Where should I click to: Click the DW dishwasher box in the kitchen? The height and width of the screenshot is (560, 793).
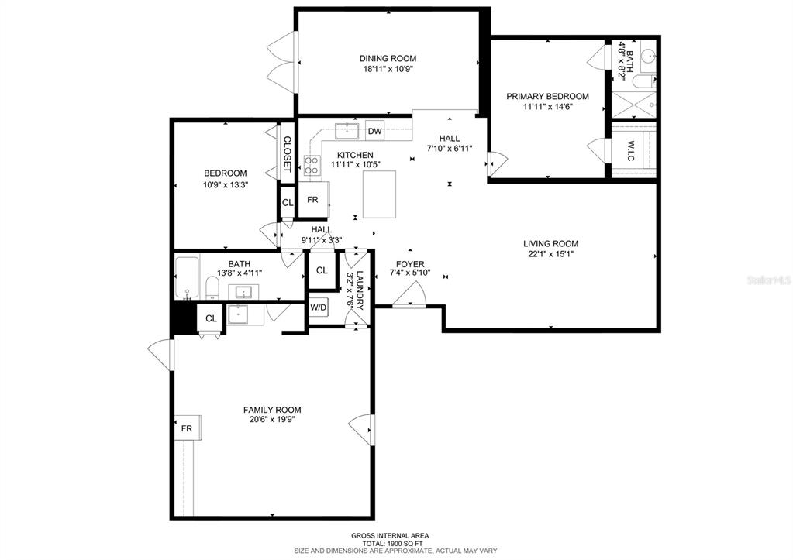click(374, 132)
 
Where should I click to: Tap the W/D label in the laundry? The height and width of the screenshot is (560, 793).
click(319, 307)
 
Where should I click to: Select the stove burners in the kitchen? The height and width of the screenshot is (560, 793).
click(312, 166)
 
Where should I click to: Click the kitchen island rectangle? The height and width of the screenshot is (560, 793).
click(379, 194)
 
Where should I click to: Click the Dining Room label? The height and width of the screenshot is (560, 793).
click(388, 59)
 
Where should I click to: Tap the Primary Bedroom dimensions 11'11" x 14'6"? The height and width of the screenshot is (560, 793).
click(548, 107)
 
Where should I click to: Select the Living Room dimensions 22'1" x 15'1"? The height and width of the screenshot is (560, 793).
click(550, 254)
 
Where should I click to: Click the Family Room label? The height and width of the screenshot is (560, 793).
click(272, 410)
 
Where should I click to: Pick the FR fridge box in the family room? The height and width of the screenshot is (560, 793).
click(188, 428)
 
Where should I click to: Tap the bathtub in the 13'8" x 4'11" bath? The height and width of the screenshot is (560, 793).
click(187, 278)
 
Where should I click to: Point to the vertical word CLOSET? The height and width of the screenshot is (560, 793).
click(287, 153)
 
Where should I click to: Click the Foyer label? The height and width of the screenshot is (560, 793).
click(410, 264)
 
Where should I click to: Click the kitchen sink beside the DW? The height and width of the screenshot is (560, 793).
click(347, 130)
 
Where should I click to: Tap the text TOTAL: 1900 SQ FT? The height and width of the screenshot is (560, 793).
click(390, 543)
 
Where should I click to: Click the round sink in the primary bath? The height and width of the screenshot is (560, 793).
click(647, 55)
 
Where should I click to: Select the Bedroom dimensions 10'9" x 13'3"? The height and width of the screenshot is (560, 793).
click(226, 184)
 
